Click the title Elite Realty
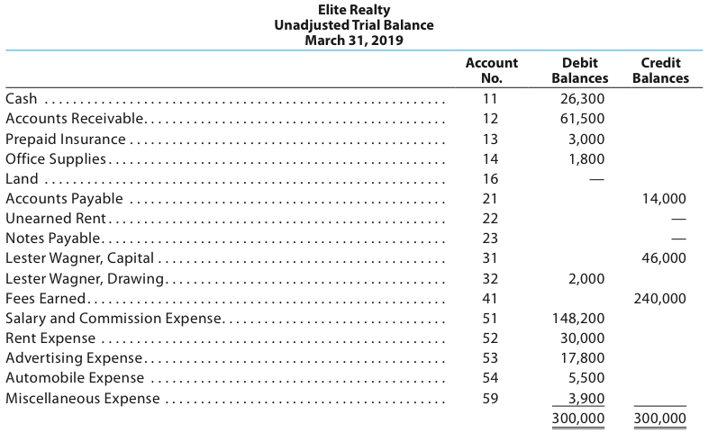coord(354,10)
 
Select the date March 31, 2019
coord(354,41)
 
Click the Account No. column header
coord(491,70)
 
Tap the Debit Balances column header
coord(579,70)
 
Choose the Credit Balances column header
coord(660,70)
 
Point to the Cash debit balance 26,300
coord(583,99)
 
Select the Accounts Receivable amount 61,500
coord(583,119)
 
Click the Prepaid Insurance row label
coord(66,139)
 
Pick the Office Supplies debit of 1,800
coord(586,159)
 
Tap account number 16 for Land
coord(490,179)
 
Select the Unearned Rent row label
coord(56,219)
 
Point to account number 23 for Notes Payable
coord(490,239)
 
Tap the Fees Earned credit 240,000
coord(660,299)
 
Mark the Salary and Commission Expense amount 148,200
coord(579,319)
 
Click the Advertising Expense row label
coord(74,358)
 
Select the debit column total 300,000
coord(579,419)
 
